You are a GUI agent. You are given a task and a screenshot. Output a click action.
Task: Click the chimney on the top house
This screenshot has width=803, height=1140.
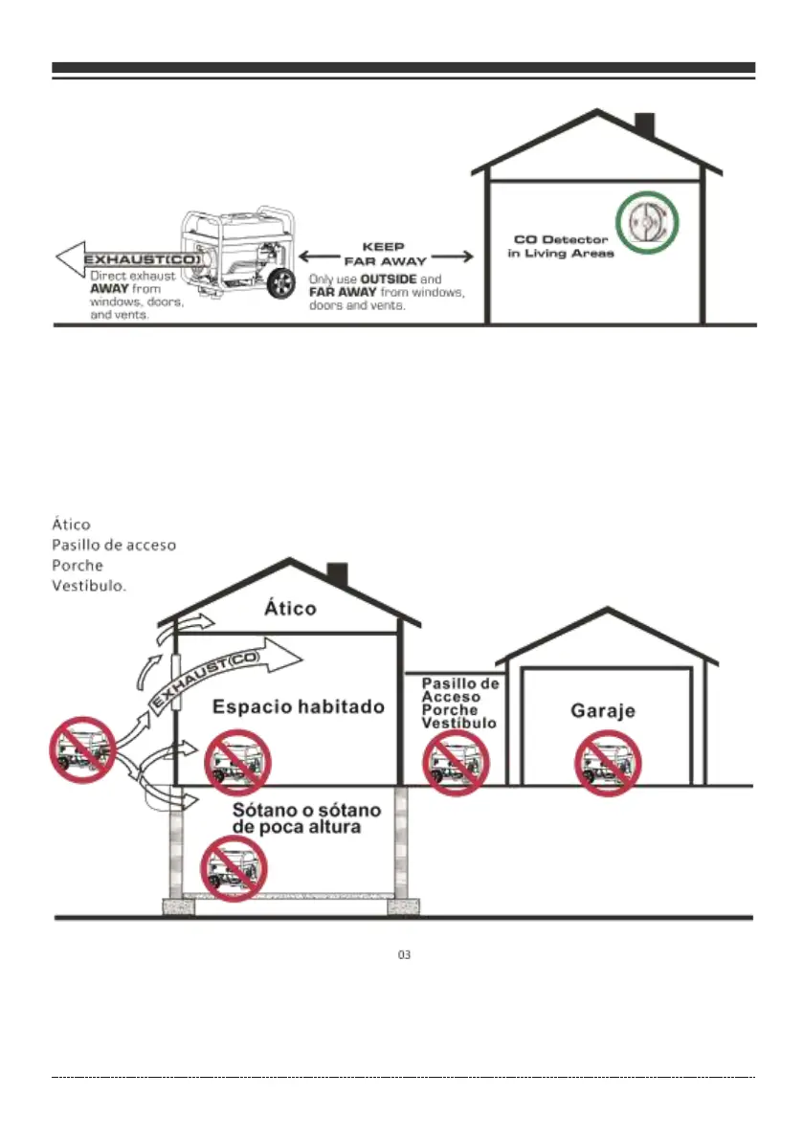tap(644, 126)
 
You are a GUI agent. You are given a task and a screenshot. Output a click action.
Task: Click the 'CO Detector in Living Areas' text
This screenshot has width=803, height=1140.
tap(560, 246)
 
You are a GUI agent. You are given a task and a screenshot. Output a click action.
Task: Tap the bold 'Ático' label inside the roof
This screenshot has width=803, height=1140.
tap(289, 608)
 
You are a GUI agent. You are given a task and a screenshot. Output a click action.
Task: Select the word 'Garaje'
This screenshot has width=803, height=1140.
tap(603, 711)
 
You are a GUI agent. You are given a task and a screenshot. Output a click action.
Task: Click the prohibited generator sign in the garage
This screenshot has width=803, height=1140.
tap(607, 764)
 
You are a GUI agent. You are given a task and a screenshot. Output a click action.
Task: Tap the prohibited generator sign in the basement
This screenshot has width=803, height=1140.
tap(233, 868)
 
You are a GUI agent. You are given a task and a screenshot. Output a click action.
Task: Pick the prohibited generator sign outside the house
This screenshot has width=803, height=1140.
tap(82, 749)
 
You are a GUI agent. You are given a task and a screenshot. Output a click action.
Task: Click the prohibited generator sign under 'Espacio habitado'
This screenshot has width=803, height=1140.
tap(238, 763)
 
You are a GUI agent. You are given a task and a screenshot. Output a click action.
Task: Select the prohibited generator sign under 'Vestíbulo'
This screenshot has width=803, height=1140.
tap(456, 764)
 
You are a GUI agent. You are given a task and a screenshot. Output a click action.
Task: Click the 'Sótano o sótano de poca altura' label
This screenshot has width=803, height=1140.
tap(306, 818)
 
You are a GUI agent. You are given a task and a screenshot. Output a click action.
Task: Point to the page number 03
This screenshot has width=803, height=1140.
tap(404, 955)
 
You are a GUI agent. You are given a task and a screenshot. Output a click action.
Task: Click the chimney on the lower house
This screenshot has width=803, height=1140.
tap(337, 575)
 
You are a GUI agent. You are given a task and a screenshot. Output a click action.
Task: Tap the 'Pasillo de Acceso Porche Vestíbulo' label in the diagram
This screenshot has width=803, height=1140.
tap(460, 703)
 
